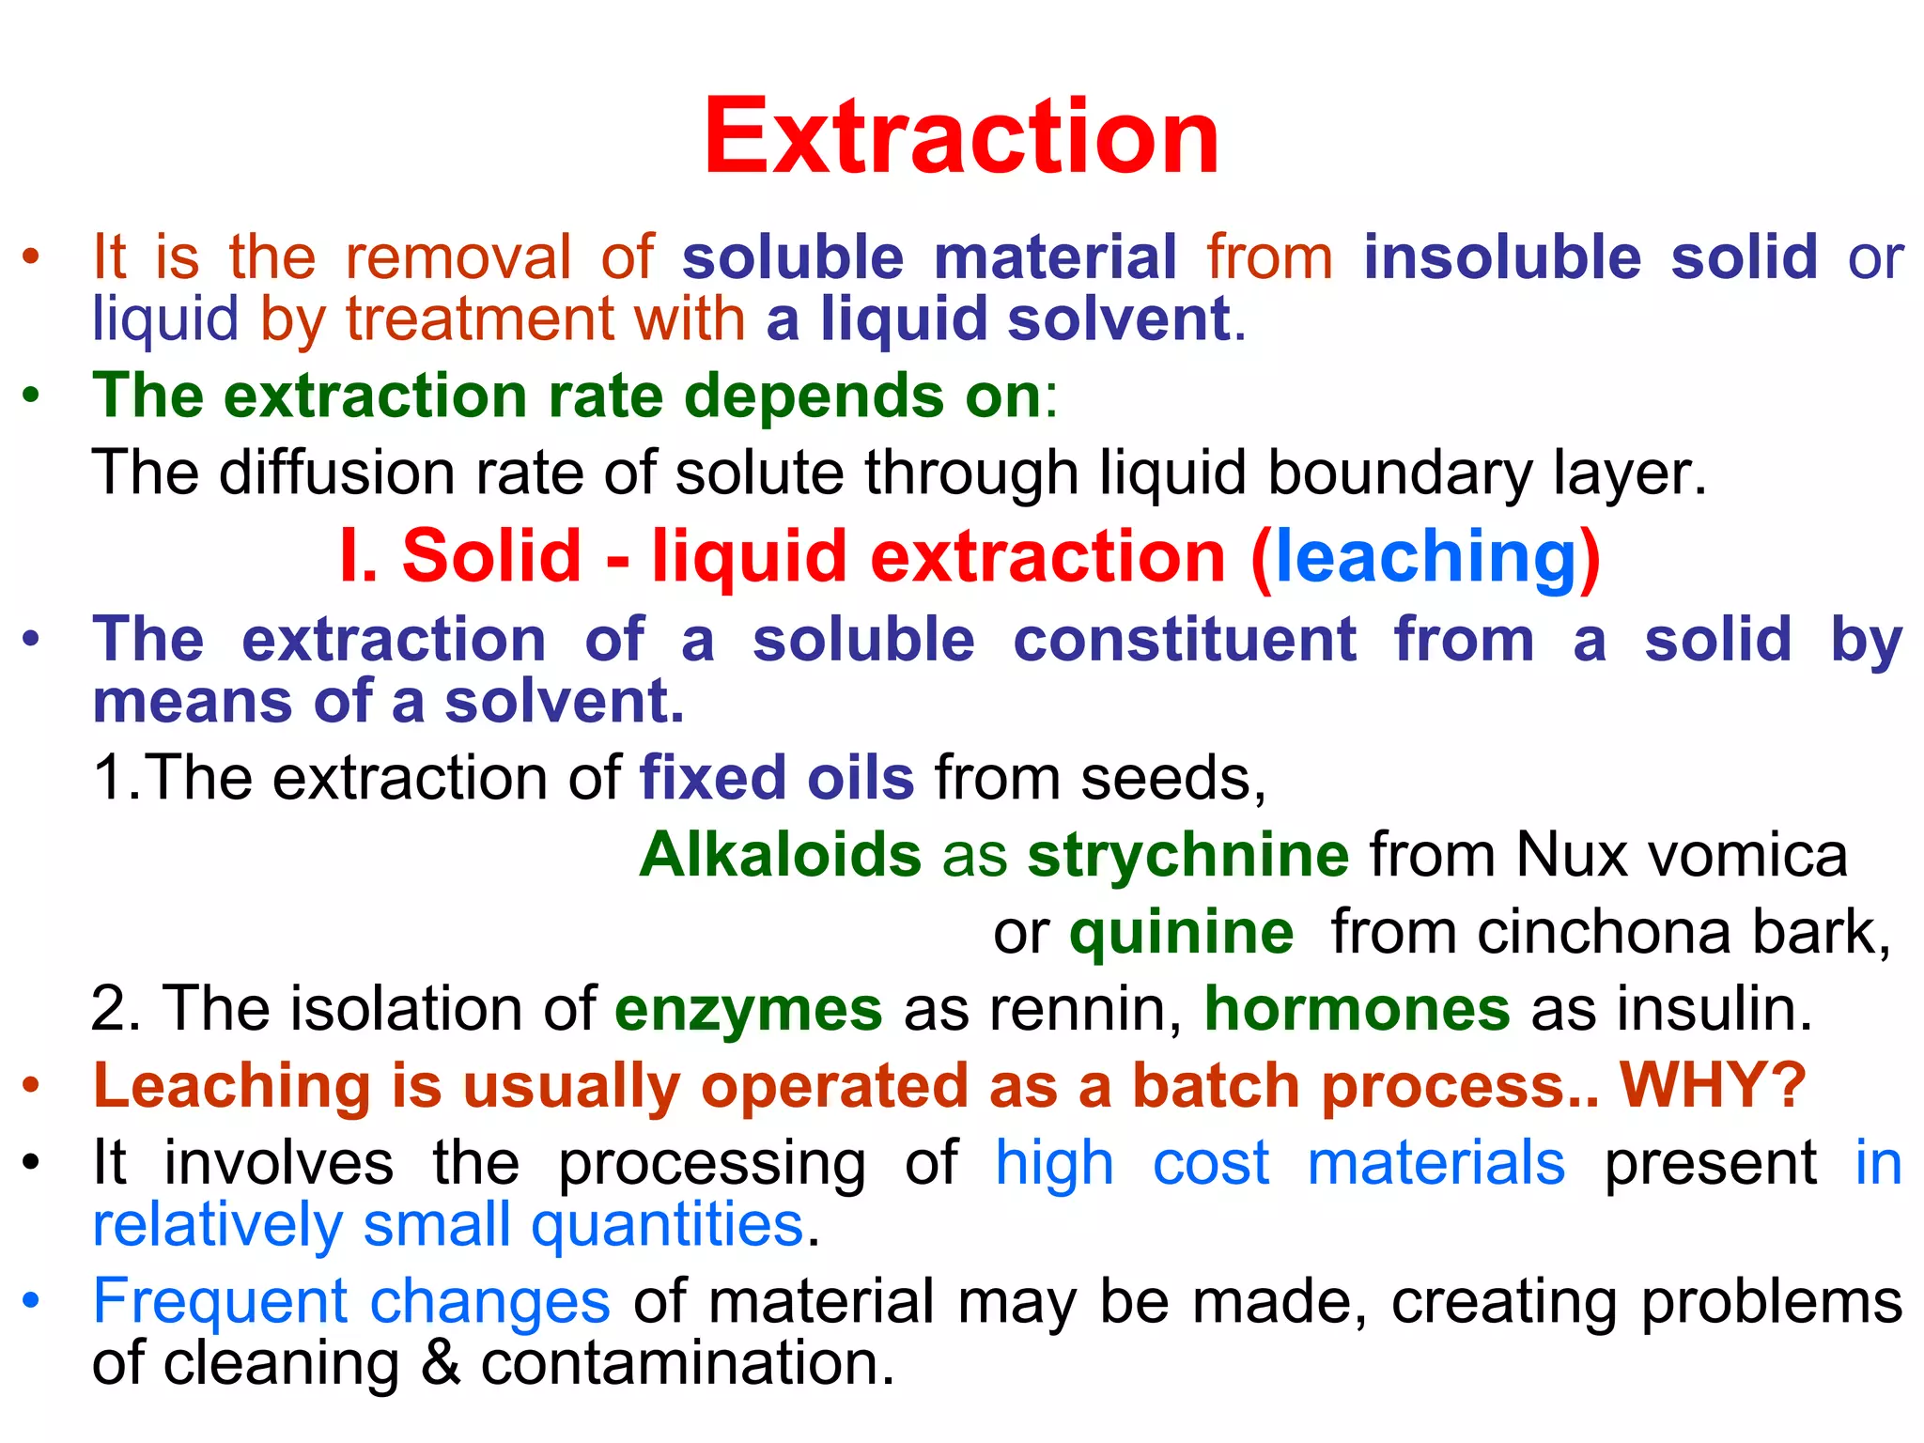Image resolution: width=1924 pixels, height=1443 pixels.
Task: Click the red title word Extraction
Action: coord(961,137)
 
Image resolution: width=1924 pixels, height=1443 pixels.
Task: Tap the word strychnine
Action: coord(1188,855)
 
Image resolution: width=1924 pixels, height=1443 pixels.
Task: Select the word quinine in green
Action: coord(1181,933)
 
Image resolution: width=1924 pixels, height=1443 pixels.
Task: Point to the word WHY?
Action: coord(1713,1085)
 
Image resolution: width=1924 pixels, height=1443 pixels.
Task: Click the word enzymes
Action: coord(749,1010)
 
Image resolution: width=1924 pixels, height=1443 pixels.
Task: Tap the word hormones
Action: coord(1357,1009)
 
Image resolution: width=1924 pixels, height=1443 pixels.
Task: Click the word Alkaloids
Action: coord(781,855)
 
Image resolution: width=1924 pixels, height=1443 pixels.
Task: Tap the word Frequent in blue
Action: coord(221,1302)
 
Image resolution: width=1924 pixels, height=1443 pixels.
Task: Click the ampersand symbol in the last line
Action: coord(441,1364)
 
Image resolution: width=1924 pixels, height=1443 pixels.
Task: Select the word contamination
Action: coord(688,1364)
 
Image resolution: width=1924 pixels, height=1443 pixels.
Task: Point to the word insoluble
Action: coord(1502,256)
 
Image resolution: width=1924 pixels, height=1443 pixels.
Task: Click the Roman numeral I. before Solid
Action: coord(357,557)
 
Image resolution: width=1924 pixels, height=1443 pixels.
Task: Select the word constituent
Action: coord(1185,640)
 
